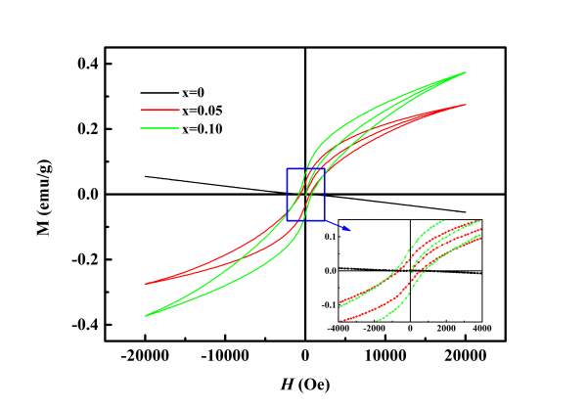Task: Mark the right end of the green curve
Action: [465, 72]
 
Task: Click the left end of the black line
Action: [146, 176]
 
